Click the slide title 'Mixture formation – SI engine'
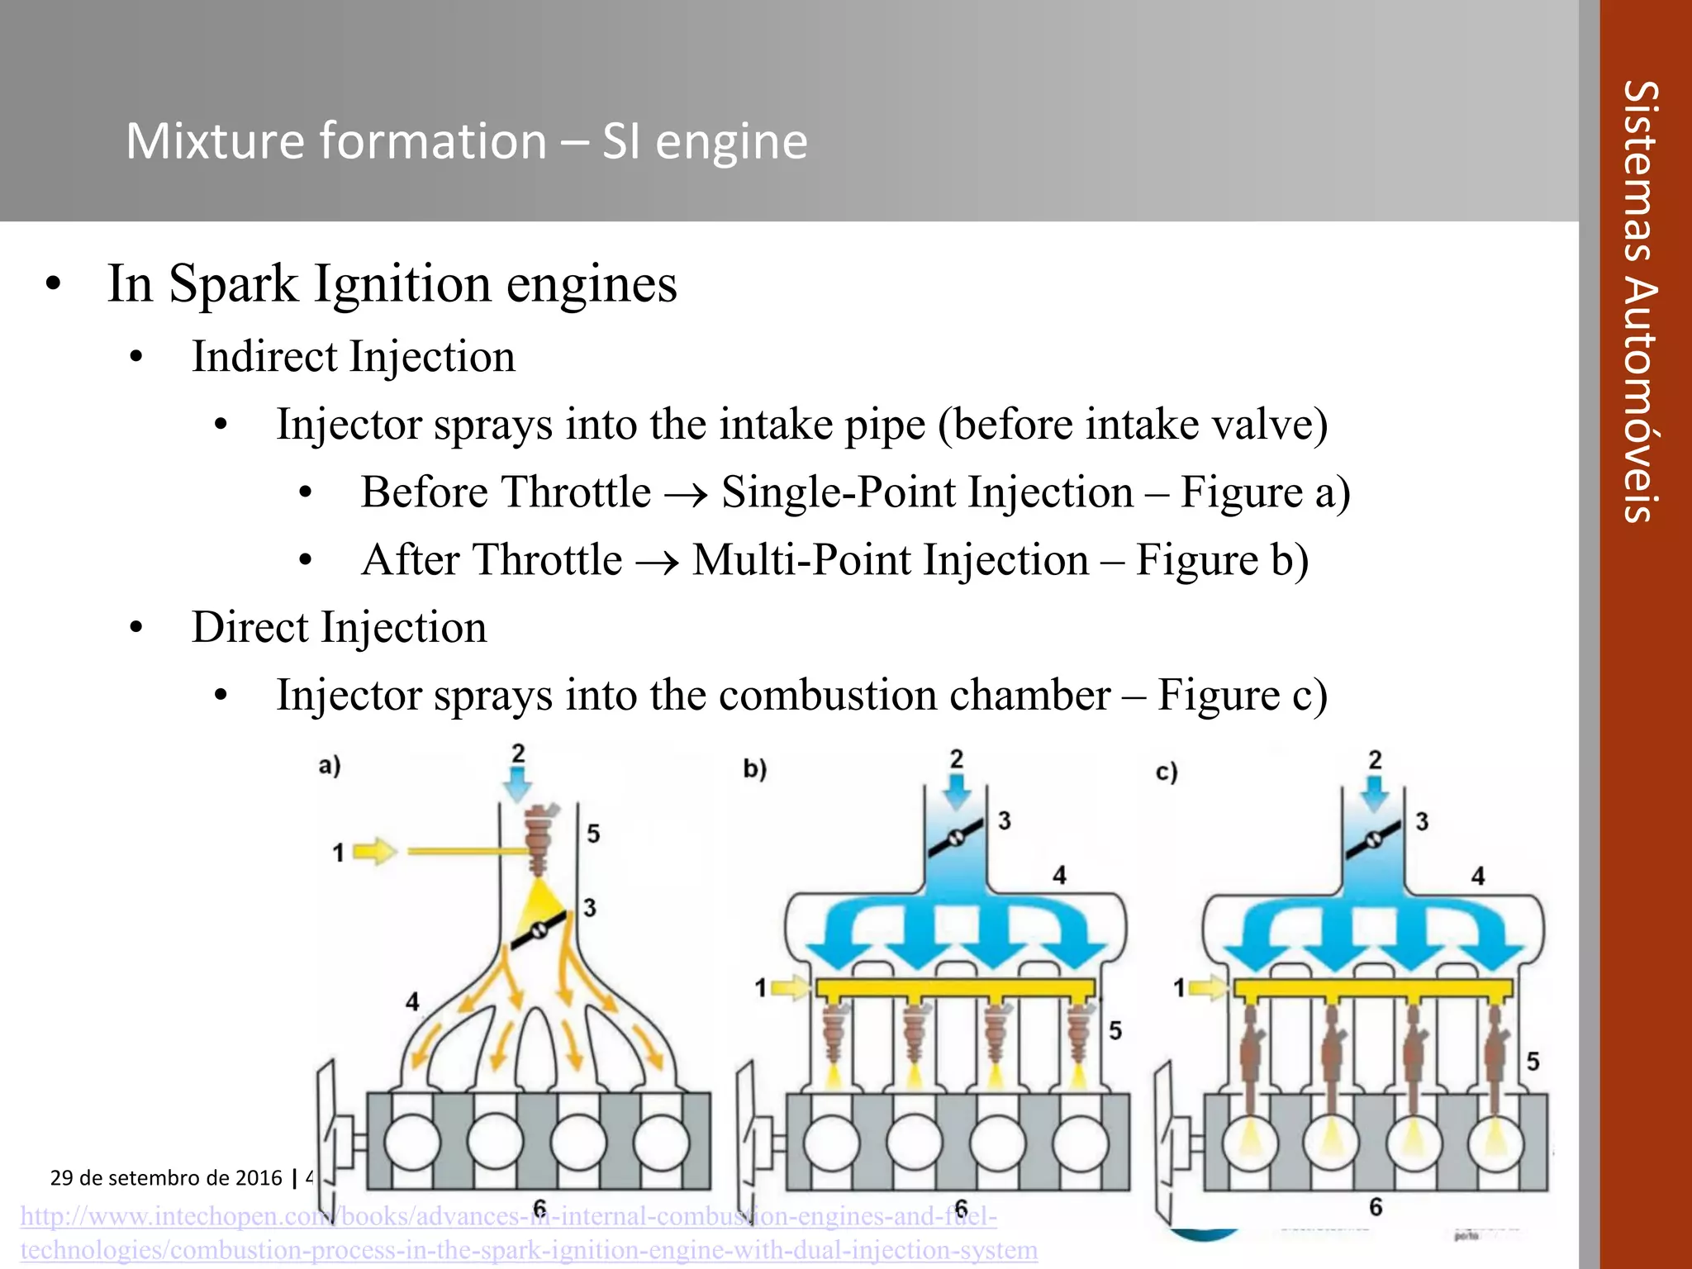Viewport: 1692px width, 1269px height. [467, 140]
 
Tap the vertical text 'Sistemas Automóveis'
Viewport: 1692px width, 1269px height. [1641, 302]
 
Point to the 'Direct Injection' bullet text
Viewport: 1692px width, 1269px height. [339, 627]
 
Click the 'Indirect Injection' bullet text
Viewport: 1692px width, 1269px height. [354, 357]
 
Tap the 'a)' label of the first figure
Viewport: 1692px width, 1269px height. [330, 766]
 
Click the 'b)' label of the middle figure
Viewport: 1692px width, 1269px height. [754, 769]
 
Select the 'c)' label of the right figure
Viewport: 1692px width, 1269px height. [1166, 772]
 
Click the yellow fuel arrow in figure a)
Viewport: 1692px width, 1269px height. [376, 851]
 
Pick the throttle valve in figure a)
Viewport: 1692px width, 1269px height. [539, 930]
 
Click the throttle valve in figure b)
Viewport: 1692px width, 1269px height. [956, 837]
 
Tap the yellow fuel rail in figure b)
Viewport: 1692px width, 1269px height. [955, 988]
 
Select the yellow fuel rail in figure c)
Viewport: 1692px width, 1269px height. [1373, 988]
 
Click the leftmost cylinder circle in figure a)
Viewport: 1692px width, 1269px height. [411, 1143]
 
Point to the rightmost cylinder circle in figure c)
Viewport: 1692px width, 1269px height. [1495, 1143]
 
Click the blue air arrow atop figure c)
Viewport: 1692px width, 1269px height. [1375, 791]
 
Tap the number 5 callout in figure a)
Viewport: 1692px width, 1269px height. [593, 834]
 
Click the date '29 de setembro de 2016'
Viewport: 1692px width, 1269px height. [166, 1177]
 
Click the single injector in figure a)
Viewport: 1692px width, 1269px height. [539, 839]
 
